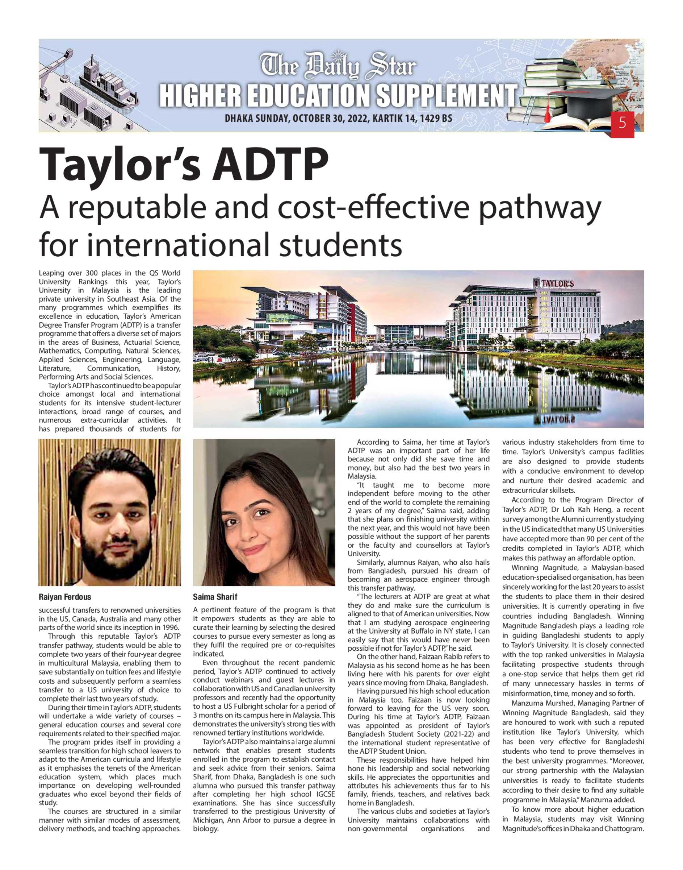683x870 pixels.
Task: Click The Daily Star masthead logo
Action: click(338, 65)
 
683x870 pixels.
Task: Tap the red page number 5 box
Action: click(622, 123)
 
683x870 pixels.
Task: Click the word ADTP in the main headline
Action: click(270, 165)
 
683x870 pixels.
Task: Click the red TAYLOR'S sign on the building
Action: click(557, 283)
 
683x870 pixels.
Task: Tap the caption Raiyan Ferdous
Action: click(65, 597)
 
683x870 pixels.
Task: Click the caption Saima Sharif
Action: click(215, 597)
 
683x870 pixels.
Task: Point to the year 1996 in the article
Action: click(171, 627)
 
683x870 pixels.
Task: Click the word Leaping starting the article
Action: click(51, 273)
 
